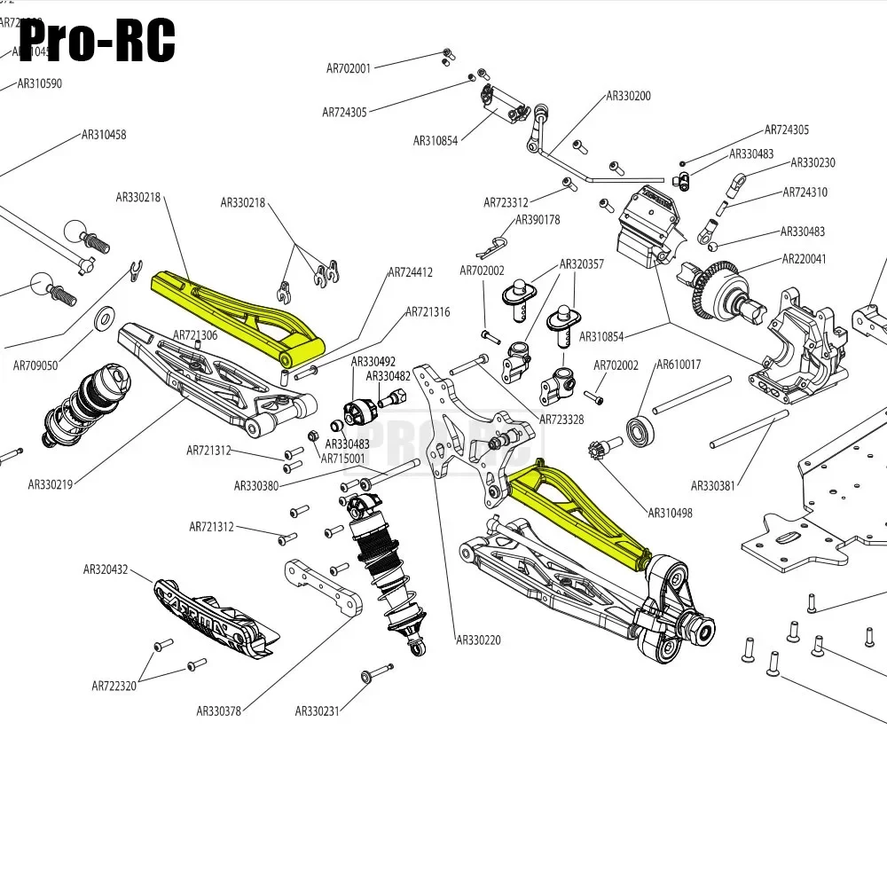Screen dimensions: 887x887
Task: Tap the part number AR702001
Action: click(x=349, y=67)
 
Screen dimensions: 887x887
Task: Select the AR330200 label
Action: click(x=628, y=96)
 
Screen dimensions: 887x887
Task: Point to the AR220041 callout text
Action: click(x=803, y=259)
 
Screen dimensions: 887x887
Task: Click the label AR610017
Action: click(x=679, y=365)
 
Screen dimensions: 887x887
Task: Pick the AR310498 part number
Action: click(x=670, y=513)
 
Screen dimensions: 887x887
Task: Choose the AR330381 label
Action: click(x=715, y=485)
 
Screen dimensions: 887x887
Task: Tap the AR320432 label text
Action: click(x=106, y=569)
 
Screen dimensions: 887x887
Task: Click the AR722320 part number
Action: click(x=114, y=686)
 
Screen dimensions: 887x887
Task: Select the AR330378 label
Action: click(x=219, y=710)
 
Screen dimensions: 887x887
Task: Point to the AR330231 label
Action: click(x=318, y=710)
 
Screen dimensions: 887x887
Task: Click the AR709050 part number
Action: click(x=35, y=365)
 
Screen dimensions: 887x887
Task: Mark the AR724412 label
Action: click(x=410, y=272)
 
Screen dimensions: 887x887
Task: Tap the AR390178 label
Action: click(x=538, y=220)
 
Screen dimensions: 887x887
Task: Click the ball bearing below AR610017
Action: click(x=640, y=431)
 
